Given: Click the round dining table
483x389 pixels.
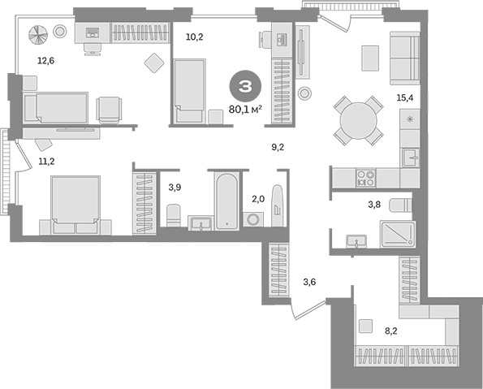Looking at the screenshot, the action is (x=358, y=120).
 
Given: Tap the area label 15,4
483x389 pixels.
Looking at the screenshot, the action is (x=405, y=98).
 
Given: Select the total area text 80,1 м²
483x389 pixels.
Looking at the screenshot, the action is (x=245, y=109).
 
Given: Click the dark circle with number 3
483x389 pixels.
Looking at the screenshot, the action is (x=245, y=87).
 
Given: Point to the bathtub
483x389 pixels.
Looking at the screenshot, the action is (x=226, y=202).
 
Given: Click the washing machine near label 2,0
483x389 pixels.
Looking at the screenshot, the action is (x=253, y=219).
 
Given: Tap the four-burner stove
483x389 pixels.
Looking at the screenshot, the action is (x=366, y=178).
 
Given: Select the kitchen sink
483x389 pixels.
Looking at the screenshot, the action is (x=411, y=158).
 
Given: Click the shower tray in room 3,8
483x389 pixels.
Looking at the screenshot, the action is (x=398, y=234).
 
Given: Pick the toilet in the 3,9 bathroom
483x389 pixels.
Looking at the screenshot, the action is (x=174, y=216).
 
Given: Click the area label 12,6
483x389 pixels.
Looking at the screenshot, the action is (x=46, y=61).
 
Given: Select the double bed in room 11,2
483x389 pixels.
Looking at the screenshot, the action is (x=75, y=205).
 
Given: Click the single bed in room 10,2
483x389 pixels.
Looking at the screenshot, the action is (x=189, y=92).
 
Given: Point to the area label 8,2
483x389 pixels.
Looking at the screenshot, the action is (x=391, y=331).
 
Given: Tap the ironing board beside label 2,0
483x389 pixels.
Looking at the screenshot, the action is (x=278, y=205).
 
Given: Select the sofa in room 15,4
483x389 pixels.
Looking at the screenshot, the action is (x=405, y=58).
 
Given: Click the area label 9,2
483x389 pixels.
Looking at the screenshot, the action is (x=278, y=148).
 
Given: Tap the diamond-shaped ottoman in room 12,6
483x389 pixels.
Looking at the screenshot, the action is (x=154, y=63).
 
